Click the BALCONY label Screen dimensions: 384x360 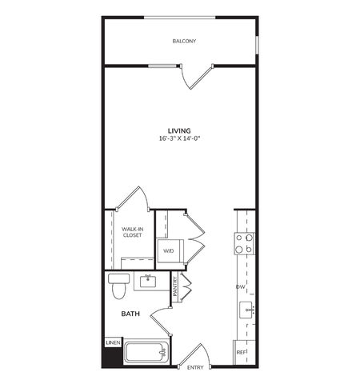pyautogui.click(x=184, y=41)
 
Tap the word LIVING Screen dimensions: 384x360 pyautogui.click(x=178, y=130)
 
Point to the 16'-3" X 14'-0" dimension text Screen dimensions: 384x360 pyautogui.click(x=178, y=138)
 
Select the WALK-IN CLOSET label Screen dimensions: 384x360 pyautogui.click(x=132, y=233)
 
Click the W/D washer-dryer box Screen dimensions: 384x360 pyautogui.click(x=169, y=251)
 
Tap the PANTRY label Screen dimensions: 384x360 pyautogui.click(x=175, y=286)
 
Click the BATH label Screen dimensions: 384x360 pyautogui.click(x=130, y=314)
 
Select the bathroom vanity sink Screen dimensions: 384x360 pyautogui.click(x=149, y=281)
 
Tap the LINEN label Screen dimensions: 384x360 pyautogui.click(x=111, y=343)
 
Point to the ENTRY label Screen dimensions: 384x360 pyautogui.click(x=195, y=367)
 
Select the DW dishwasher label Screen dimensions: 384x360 pyautogui.click(x=239, y=286)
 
